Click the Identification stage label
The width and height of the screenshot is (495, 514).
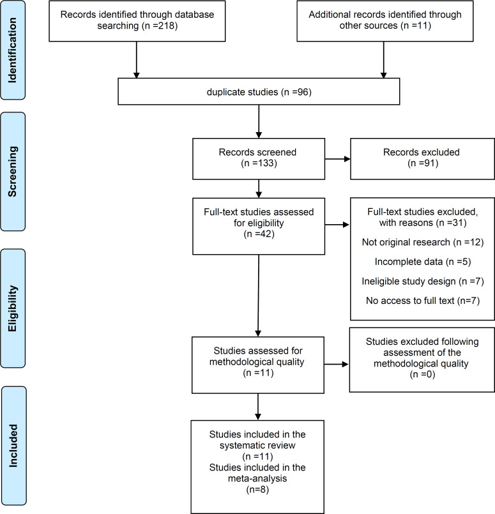(13, 50)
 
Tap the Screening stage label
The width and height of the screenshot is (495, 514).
(13, 172)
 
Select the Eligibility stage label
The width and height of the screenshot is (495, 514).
(13, 308)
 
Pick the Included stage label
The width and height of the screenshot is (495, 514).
(14, 446)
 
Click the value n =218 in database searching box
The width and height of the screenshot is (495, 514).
(160, 26)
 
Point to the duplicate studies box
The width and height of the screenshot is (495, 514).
(259, 91)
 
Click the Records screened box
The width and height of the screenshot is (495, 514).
(259, 158)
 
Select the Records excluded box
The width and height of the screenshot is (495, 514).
(422, 158)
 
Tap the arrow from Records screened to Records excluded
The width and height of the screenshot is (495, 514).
(337, 159)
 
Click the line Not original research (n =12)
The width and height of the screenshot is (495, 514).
(423, 242)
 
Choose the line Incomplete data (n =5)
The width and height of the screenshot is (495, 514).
(423, 262)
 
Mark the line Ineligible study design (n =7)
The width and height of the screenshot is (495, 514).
(423, 281)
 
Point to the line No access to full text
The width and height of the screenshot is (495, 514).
(423, 301)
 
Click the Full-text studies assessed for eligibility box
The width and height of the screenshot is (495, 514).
(259, 226)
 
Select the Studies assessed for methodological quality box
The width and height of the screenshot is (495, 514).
(258, 365)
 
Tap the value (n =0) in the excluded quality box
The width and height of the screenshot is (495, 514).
(422, 374)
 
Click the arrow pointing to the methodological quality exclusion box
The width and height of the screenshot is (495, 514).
(337, 364)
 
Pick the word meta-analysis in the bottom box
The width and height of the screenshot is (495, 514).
(257, 478)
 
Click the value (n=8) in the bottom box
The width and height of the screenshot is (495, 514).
(257, 489)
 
